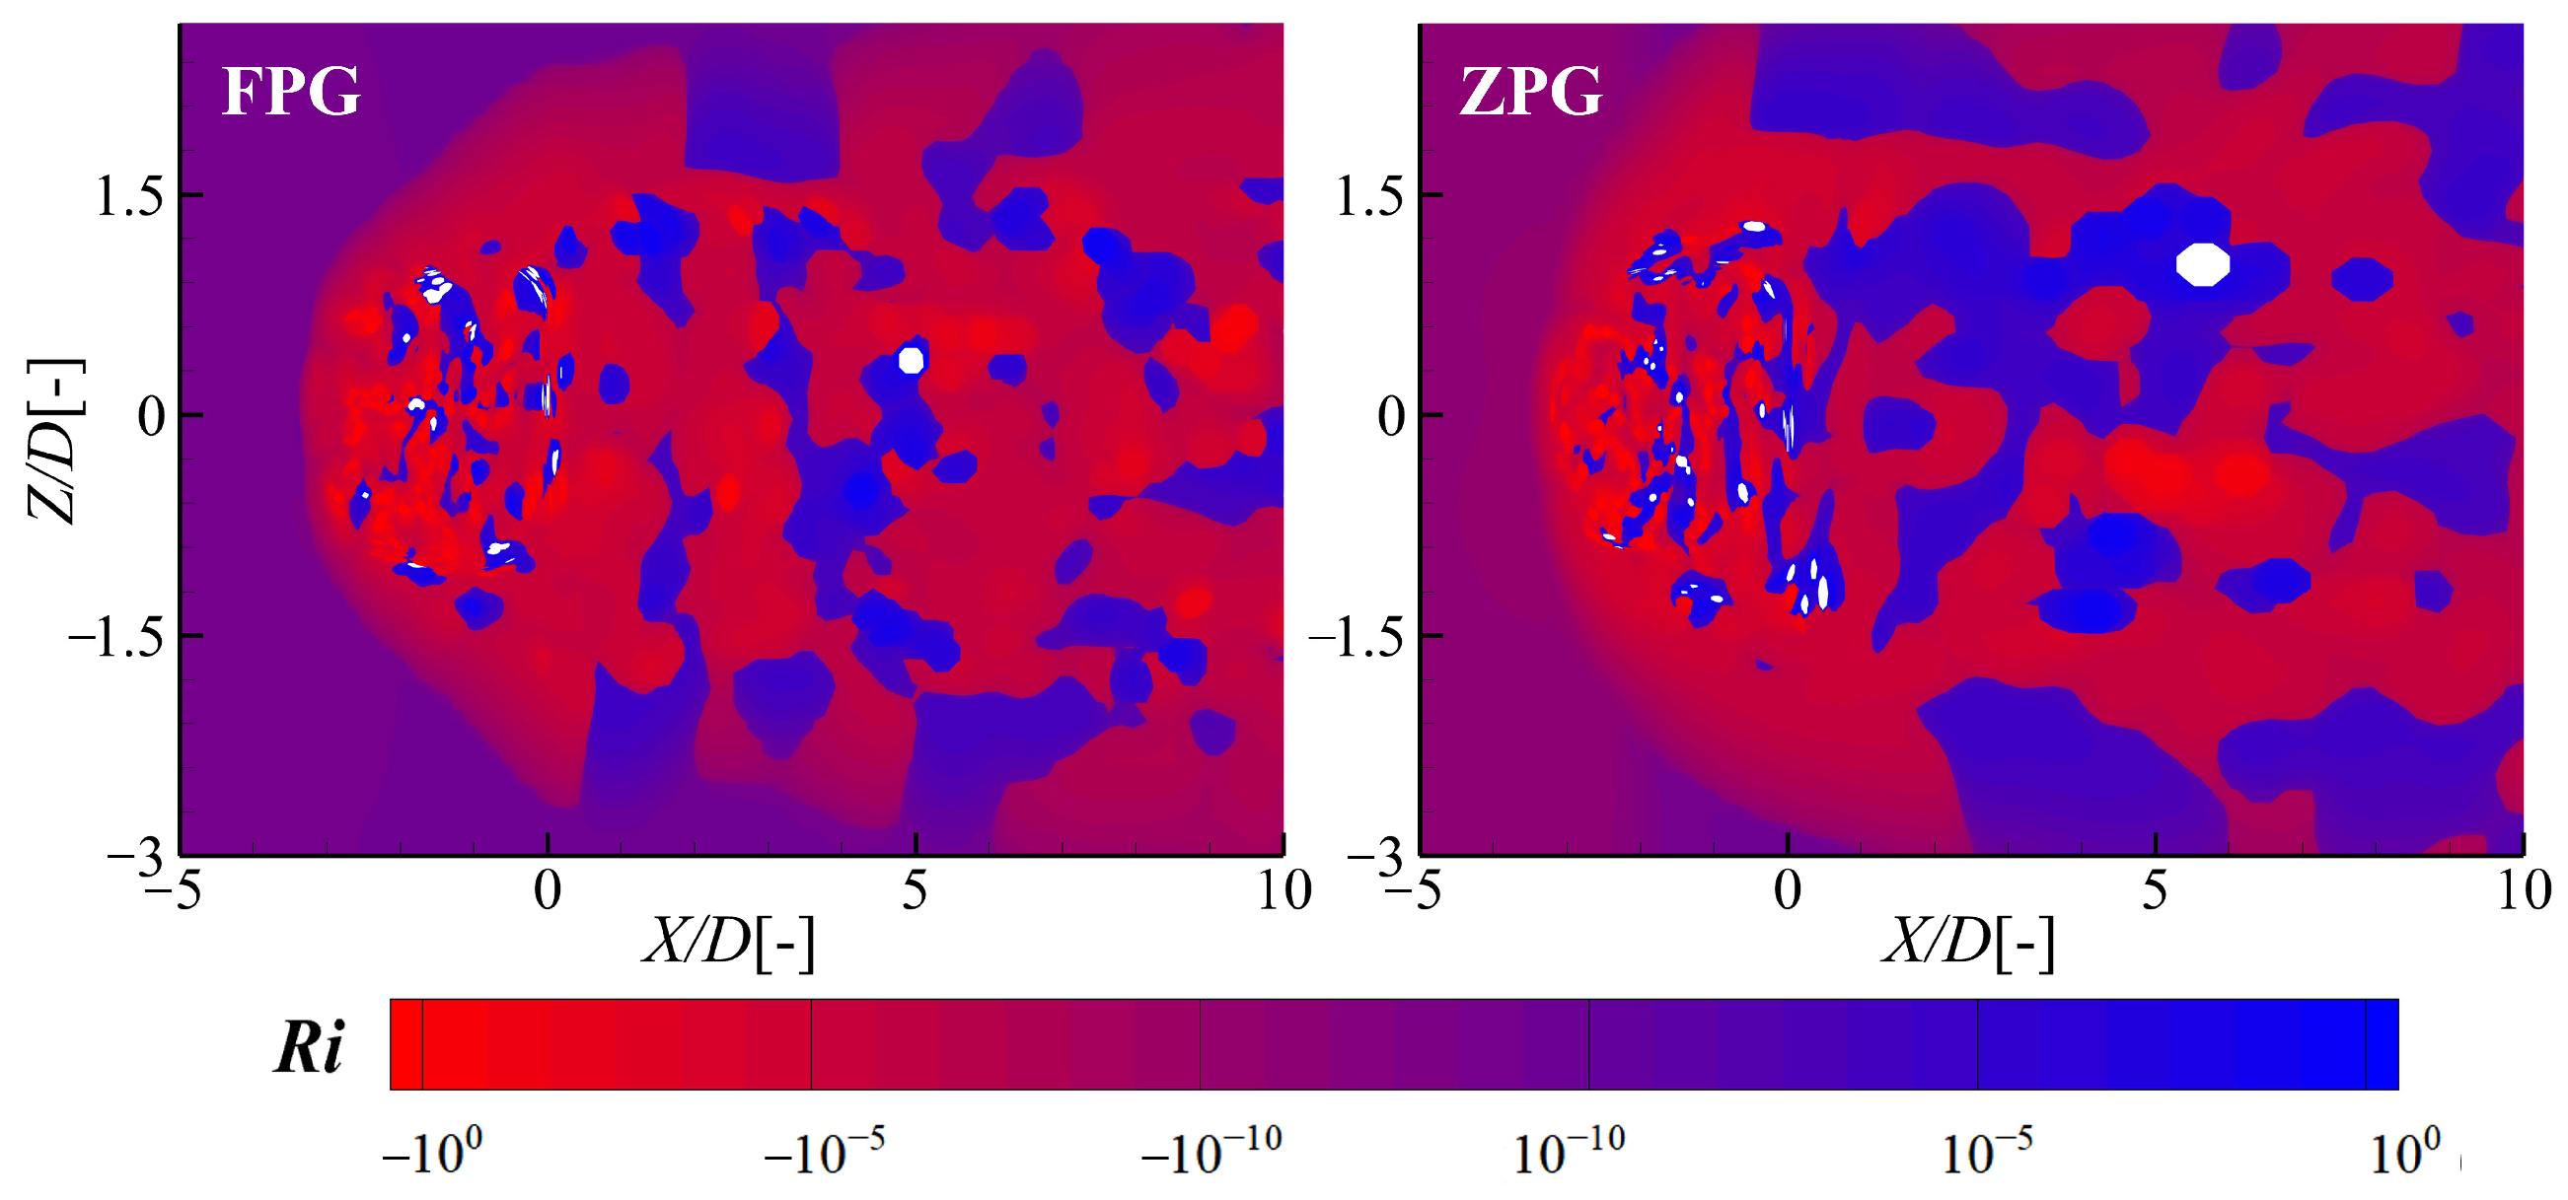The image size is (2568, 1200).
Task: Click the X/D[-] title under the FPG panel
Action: point(729,941)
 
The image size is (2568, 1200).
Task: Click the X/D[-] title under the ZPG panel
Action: point(1968,941)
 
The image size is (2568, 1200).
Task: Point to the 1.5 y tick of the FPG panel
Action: point(128,195)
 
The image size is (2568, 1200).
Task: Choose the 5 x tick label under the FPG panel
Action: point(915,890)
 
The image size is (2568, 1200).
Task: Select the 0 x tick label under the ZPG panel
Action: point(1788,890)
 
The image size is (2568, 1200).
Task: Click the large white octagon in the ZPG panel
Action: point(2202,264)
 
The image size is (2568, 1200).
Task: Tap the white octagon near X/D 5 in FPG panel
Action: point(912,360)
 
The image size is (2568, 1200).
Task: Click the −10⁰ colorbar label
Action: point(433,1153)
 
